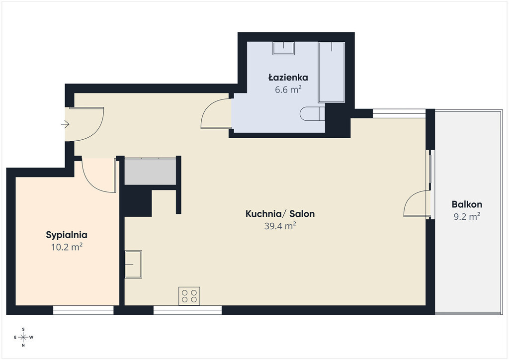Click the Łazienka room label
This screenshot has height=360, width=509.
[x=288, y=78]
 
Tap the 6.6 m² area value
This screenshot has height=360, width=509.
[x=288, y=90]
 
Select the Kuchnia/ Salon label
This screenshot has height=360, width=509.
[x=280, y=214]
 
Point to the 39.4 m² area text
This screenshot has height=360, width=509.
[x=280, y=226]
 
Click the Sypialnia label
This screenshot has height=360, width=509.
[x=67, y=235]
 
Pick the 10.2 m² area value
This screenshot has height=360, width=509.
[x=67, y=247]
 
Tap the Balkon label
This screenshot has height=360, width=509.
[x=467, y=204]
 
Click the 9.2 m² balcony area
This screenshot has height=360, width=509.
[x=467, y=216]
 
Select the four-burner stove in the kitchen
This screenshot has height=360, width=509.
[x=189, y=296]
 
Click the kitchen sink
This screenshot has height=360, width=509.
[x=133, y=264]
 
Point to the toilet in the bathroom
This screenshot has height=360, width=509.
[x=312, y=113]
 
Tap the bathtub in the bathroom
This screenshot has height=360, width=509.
[x=332, y=73]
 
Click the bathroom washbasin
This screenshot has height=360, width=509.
[x=283, y=48]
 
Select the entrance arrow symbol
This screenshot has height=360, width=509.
[x=65, y=124]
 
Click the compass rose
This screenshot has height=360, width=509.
[x=23, y=337]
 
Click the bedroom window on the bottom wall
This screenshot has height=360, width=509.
[x=84, y=310]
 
